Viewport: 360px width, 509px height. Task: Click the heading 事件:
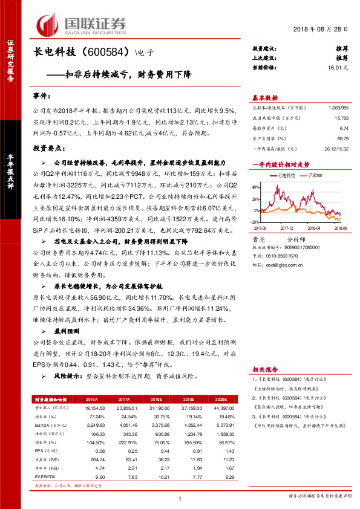tap(42, 97)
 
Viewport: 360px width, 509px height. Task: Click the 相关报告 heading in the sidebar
tap(265, 368)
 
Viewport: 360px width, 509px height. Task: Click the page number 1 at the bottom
tap(180, 497)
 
